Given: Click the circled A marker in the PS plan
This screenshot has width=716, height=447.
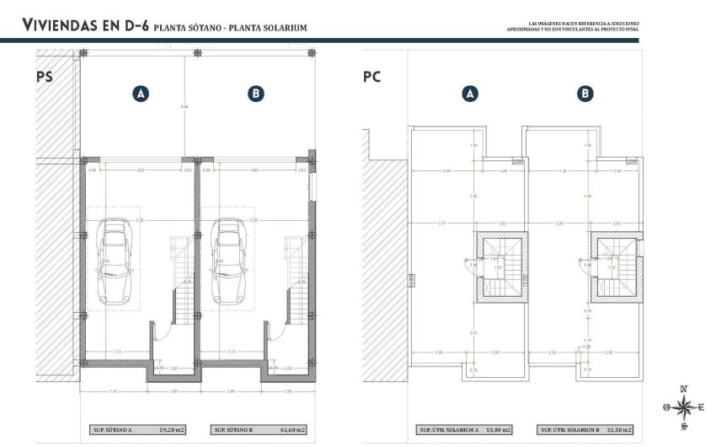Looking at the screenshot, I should pyautogui.click(x=141, y=94).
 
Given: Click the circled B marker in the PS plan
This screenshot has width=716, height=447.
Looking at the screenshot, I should pyautogui.click(x=255, y=94).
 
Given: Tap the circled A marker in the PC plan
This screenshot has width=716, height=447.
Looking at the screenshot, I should pyautogui.click(x=470, y=94).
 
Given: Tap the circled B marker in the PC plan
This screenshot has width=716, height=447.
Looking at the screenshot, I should pyautogui.click(x=585, y=94).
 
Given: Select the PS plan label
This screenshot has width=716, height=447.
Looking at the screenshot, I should pyautogui.click(x=45, y=77).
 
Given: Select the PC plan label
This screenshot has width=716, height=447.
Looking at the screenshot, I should pyautogui.click(x=371, y=77).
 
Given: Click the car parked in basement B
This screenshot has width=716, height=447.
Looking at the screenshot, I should pyautogui.click(x=227, y=261).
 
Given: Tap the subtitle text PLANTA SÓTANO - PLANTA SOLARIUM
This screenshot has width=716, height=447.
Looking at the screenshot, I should pyautogui.click(x=230, y=28).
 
